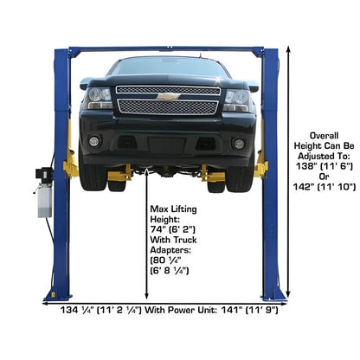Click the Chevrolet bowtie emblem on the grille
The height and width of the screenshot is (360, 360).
tap(168, 97)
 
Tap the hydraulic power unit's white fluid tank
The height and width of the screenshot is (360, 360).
tap(45, 201)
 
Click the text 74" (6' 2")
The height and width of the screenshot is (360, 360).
tap(173, 229)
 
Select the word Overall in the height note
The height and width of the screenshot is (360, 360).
tap(324, 136)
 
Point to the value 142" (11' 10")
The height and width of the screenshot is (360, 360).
tap(325, 187)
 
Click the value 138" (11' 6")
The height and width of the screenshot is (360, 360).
tap(325, 166)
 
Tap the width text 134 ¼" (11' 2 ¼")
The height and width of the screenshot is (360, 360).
tap(101, 311)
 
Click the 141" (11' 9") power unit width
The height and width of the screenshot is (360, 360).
tap(250, 311)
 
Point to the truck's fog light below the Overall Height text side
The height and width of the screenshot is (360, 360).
tap(239, 144)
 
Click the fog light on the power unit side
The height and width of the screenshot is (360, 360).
tap(94, 141)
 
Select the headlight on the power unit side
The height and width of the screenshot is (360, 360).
tap(97, 98)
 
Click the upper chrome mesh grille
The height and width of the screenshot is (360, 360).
tap(168, 90)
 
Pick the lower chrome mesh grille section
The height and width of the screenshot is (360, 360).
tap(168, 107)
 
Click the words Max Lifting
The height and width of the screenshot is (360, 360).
tap(173, 209)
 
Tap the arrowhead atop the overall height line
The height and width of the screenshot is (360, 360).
tap(288, 49)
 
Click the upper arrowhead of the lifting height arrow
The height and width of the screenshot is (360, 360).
tap(146, 172)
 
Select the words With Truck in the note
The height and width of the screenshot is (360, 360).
tap(173, 240)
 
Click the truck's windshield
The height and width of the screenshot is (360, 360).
tap(168, 67)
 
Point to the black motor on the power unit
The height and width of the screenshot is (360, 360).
tap(43, 174)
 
